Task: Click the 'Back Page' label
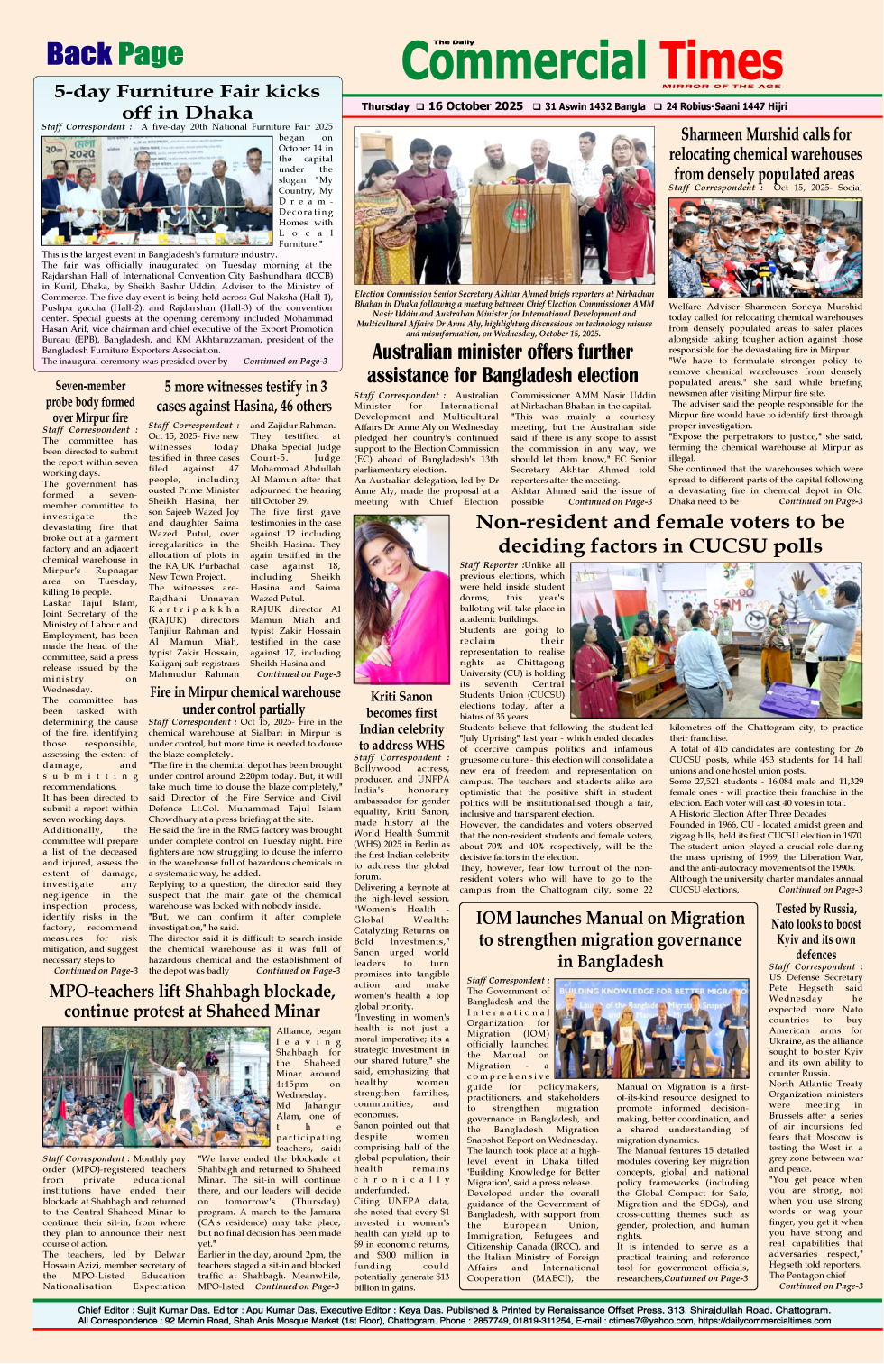pos(115,55)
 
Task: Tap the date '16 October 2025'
pos(475,106)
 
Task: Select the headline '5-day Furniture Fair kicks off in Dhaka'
pos(187,102)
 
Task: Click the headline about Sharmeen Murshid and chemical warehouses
pos(765,154)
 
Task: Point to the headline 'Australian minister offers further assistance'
pos(502,363)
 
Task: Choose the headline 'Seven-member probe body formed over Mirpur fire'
pos(90,401)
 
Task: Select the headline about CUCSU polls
pos(659,534)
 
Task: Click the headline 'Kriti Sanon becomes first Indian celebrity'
pos(401,720)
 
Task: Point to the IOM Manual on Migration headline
pos(611,938)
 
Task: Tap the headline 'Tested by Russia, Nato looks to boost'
pos(815,931)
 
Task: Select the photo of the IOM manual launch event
pos(651,1030)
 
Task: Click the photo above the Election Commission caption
pos(504,206)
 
